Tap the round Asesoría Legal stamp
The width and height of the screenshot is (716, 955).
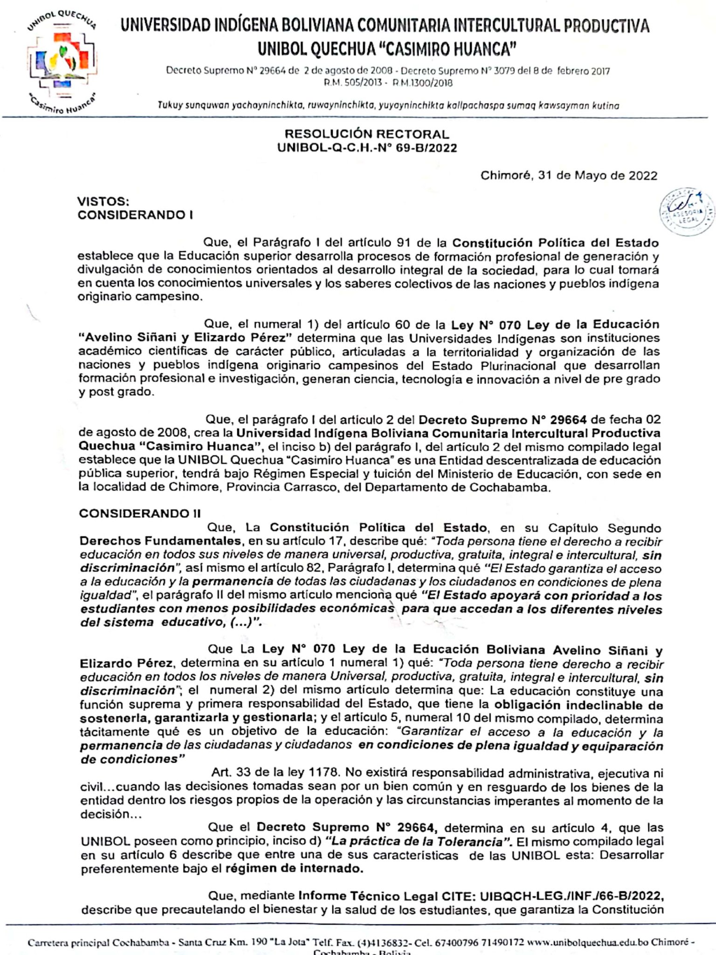[x=687, y=212]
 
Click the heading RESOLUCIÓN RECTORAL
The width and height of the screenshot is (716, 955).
[x=367, y=134]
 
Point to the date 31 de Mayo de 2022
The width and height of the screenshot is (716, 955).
[x=569, y=175]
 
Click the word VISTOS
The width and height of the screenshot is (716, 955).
[x=103, y=201]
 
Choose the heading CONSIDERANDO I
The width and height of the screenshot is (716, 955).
[x=135, y=215]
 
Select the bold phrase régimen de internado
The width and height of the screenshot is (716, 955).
[x=294, y=882]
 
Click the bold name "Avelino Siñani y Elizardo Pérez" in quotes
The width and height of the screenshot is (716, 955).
[x=186, y=338]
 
